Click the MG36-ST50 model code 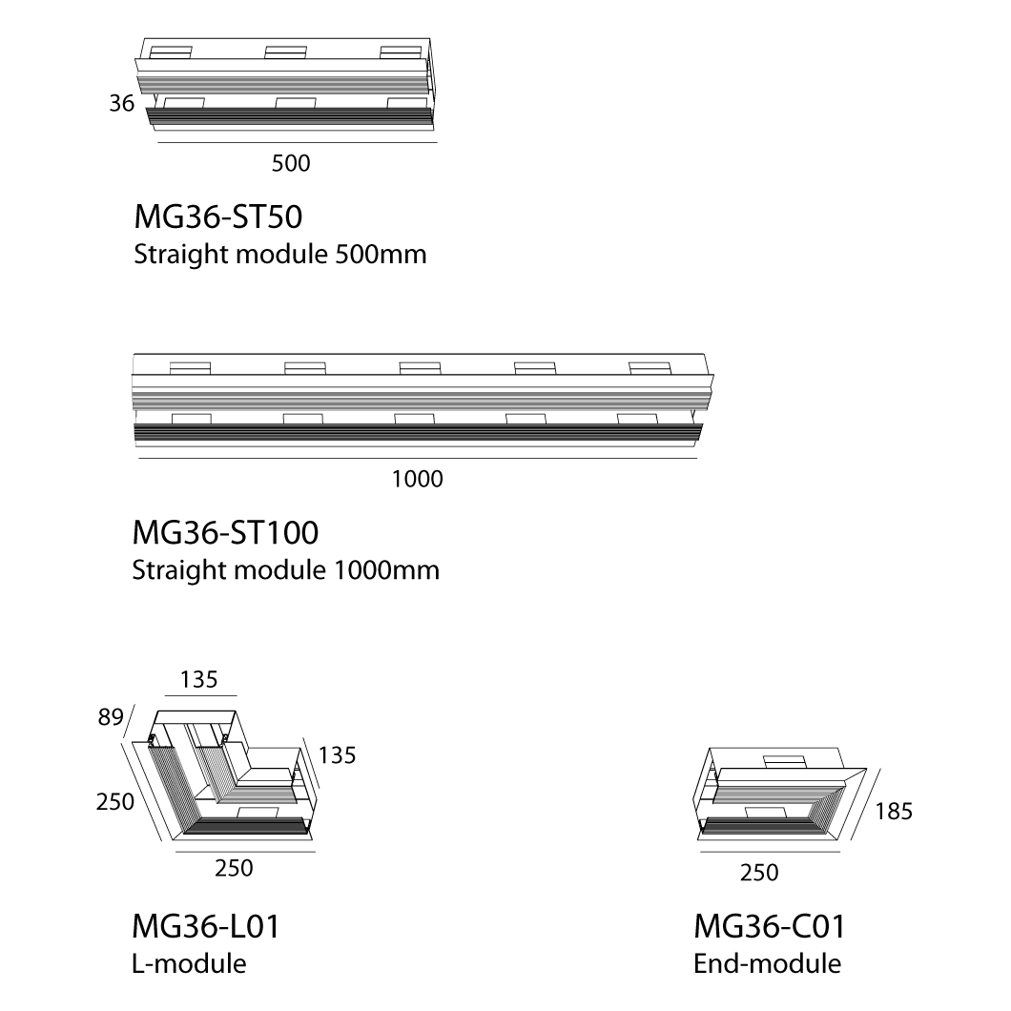(x=217, y=217)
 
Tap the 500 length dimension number (x=291, y=163)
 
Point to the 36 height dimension (x=121, y=103)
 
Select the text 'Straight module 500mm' (x=279, y=254)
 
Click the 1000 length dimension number (x=418, y=479)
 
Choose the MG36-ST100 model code (x=225, y=532)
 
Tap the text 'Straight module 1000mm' (x=285, y=570)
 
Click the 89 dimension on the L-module (x=111, y=717)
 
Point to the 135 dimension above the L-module (x=198, y=680)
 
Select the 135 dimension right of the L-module (x=338, y=755)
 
